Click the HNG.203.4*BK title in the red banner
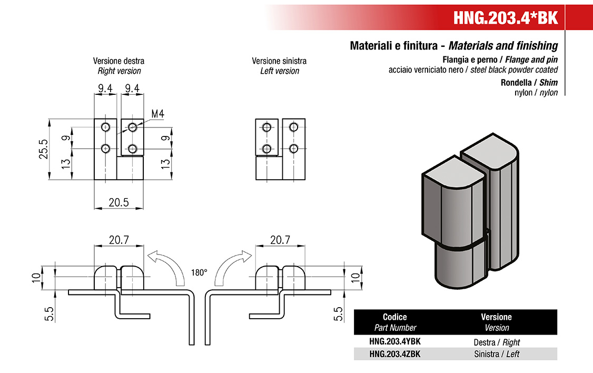point(505,17)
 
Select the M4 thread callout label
point(157,113)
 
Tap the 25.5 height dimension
point(43,149)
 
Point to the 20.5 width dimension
point(118,202)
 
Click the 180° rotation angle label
point(199,273)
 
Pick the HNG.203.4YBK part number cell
point(395,342)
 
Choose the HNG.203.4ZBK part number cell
point(395,354)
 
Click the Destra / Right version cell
point(497,342)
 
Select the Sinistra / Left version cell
point(497,354)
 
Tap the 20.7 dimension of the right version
point(118,240)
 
